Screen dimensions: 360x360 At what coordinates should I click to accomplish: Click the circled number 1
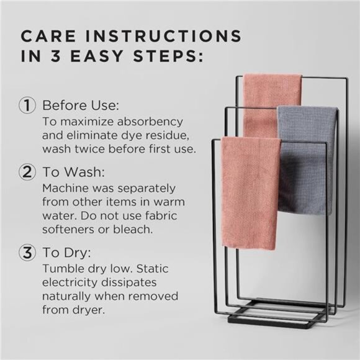(27, 105)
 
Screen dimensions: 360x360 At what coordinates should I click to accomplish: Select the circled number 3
(27, 254)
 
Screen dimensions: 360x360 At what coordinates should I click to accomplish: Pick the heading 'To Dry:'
(65, 254)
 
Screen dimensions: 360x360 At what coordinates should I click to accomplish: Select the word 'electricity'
(70, 282)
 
